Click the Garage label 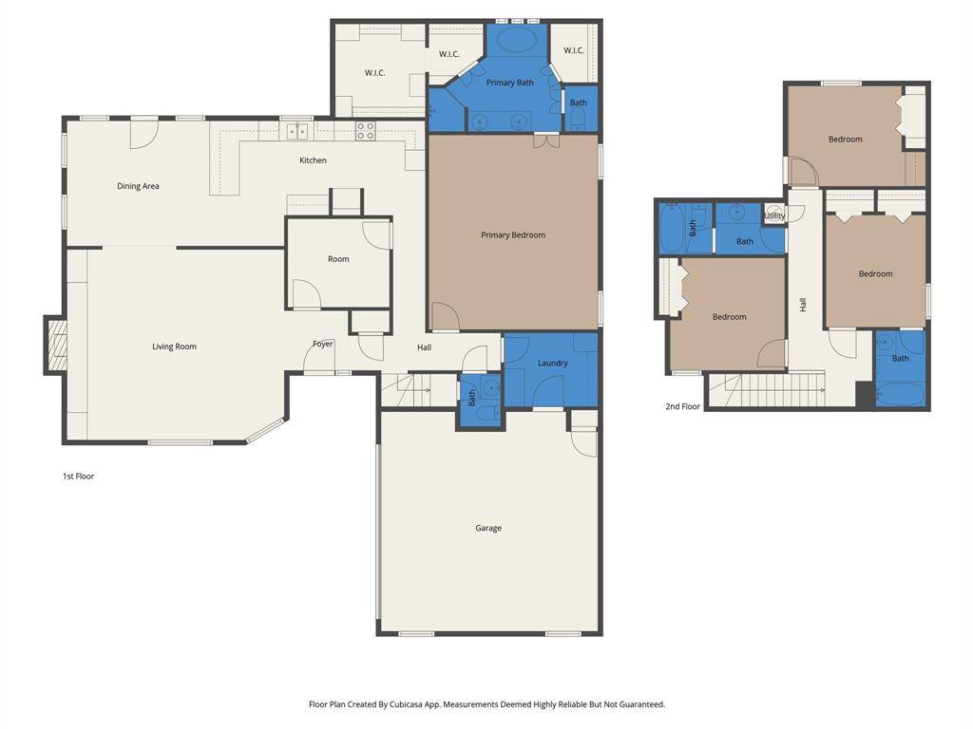(x=488, y=528)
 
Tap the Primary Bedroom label (x=513, y=234)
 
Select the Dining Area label (x=138, y=186)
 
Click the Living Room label (x=174, y=346)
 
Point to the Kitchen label (x=313, y=160)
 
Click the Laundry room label (x=552, y=363)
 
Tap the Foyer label (x=323, y=344)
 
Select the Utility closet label (x=774, y=215)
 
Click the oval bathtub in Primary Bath (x=517, y=40)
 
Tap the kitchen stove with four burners (x=366, y=131)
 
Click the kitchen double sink (x=297, y=131)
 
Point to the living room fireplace (x=56, y=346)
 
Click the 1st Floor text (x=78, y=477)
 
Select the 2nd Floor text (x=682, y=406)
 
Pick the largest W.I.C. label (x=375, y=73)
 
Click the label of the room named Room (x=338, y=259)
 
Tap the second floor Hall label (x=803, y=305)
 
